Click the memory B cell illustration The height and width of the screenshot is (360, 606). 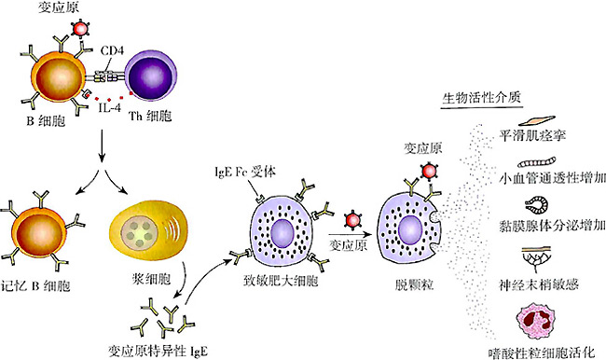[42, 230]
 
